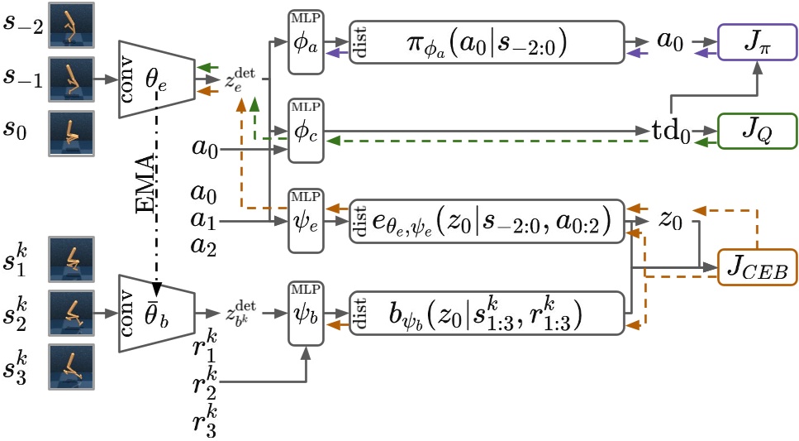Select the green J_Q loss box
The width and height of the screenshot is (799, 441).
click(x=757, y=132)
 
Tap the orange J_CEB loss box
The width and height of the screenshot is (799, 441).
click(x=758, y=266)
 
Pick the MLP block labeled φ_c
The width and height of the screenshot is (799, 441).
click(x=305, y=131)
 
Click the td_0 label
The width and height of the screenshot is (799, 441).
click(x=669, y=131)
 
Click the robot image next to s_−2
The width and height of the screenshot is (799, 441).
click(x=71, y=23)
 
